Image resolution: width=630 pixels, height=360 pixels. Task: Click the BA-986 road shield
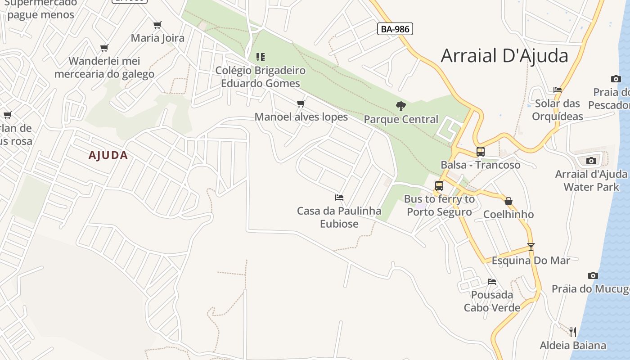pos(395,29)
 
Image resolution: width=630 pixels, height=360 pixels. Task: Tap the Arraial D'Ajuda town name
pos(504,56)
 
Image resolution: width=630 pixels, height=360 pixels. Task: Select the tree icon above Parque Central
pos(400,106)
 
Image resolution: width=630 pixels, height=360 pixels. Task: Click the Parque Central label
pos(401,119)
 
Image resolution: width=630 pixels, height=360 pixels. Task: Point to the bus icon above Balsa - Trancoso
pos(481,152)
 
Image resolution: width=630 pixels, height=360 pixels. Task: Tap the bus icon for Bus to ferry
pos(439,186)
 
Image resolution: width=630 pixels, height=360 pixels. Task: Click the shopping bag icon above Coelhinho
pos(508,201)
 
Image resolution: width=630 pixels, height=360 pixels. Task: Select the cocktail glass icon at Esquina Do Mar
pos(531,247)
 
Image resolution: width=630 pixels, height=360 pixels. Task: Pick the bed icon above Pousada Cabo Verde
pos(492,282)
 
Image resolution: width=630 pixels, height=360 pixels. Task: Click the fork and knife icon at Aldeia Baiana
pos(573,332)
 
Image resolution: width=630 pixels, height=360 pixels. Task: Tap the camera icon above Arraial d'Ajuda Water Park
pos(591,161)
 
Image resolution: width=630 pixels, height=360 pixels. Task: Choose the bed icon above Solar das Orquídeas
pos(558,90)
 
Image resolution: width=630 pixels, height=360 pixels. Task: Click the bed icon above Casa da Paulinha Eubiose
pos(339,198)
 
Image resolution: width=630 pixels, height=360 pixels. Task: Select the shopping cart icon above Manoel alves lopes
pos(301,104)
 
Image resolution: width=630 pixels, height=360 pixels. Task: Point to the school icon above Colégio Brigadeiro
pos(261,57)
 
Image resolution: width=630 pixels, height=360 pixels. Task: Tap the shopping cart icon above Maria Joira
pos(157,25)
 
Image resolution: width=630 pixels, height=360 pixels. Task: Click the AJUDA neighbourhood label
pos(108,156)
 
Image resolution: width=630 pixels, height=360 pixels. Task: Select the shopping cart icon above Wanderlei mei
pos(104,48)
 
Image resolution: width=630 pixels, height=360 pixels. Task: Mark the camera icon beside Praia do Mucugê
pos(593,275)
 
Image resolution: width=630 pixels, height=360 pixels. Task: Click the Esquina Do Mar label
pos(531,261)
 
